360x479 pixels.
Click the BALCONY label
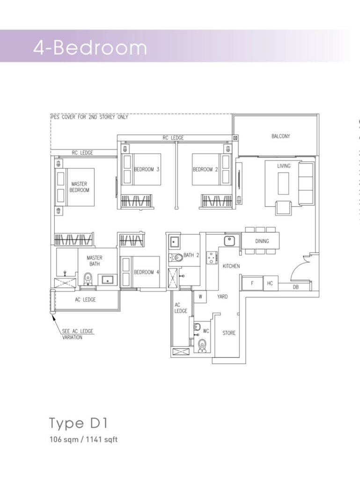(x=280, y=136)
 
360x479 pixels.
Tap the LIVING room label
(x=284, y=166)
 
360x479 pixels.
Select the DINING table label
(x=262, y=241)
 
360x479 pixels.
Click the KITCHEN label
(x=231, y=266)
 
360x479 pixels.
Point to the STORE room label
(x=229, y=333)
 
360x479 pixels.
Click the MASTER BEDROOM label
(x=79, y=187)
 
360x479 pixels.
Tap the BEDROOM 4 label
(x=147, y=272)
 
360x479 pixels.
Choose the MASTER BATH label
(x=95, y=261)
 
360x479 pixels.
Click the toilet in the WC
(x=202, y=346)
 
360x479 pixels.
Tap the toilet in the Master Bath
(x=88, y=278)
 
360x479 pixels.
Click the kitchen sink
(x=229, y=241)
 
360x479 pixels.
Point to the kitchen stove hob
(x=211, y=258)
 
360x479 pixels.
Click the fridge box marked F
(x=252, y=283)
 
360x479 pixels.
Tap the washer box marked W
(x=200, y=296)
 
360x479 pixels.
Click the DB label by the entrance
(x=295, y=287)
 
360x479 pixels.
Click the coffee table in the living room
(x=283, y=183)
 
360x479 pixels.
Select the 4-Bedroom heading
(x=90, y=48)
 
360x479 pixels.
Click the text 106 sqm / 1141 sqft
(x=83, y=440)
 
